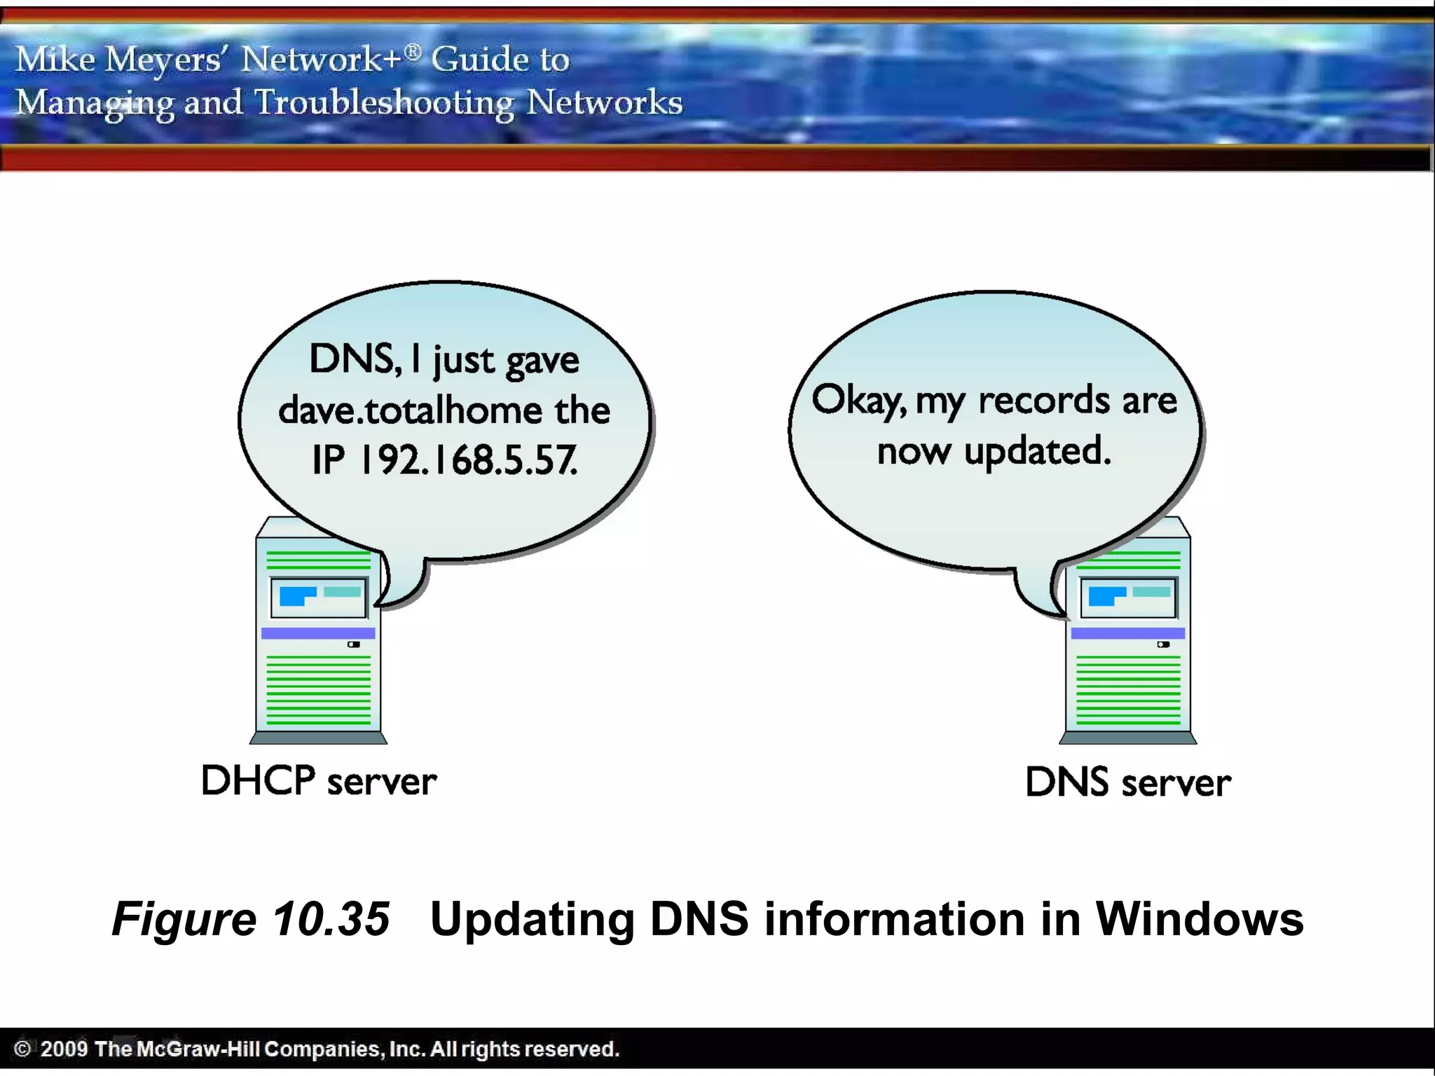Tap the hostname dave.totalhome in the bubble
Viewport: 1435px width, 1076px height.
[x=411, y=411]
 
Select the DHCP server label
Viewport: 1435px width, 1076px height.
[x=319, y=781]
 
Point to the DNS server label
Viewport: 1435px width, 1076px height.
[x=1127, y=782]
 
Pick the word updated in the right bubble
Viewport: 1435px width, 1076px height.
[x=1037, y=452]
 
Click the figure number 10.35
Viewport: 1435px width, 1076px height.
[x=331, y=918]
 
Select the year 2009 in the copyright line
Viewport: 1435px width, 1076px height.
[x=64, y=1049]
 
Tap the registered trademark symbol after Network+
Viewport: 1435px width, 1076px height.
[x=413, y=51]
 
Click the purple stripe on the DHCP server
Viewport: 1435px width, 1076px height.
[x=318, y=633]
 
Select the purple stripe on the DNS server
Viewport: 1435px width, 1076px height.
[x=1127, y=633]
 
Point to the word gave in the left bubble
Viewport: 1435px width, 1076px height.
[x=542, y=361]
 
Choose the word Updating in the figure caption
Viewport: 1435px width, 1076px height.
[x=532, y=918]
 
